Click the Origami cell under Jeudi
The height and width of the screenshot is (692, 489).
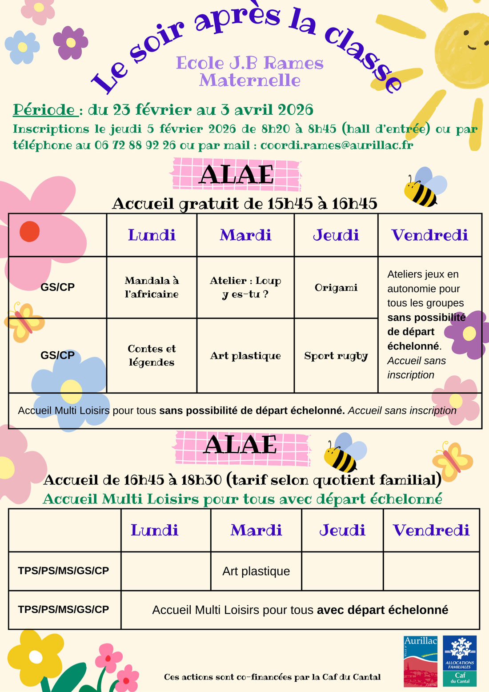point(336,288)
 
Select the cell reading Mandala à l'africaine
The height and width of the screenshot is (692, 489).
point(152,287)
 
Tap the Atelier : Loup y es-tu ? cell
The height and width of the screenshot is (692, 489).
point(245,287)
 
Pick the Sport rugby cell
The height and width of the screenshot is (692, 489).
point(336,356)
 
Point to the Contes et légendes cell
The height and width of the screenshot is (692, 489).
point(152,355)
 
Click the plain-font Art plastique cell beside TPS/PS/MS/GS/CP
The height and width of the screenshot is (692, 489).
point(256,571)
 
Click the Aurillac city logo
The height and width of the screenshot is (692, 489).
point(420,661)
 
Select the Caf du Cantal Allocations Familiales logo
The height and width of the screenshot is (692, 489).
point(460,661)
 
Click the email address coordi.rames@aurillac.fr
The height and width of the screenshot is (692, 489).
point(337,145)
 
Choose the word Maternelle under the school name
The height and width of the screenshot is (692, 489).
point(250,80)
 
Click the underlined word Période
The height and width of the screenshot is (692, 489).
point(44,109)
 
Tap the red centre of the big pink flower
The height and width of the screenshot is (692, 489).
point(30,231)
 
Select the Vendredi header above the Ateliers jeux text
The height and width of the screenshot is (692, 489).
point(429,235)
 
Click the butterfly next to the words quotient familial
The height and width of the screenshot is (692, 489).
point(452,460)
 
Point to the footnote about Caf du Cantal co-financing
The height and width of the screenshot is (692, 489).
point(272,677)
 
